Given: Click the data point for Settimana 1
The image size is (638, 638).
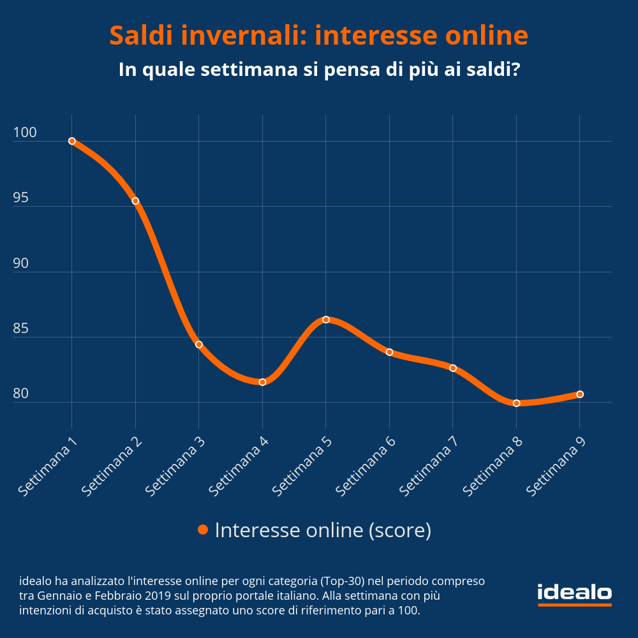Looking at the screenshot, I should (x=72, y=141).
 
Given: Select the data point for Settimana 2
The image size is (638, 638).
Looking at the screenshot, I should (x=135, y=201).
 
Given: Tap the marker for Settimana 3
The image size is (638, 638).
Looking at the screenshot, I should (x=199, y=345).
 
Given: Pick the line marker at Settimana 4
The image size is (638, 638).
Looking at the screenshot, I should (x=262, y=382).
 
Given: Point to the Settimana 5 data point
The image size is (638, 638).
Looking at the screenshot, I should (x=325, y=320).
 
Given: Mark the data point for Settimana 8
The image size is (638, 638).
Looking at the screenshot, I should (x=516, y=403).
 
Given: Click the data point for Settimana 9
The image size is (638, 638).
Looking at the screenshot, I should (x=580, y=394).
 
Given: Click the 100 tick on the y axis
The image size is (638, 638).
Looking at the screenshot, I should (x=25, y=133).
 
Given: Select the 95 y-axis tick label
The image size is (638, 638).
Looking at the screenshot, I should (x=21, y=198).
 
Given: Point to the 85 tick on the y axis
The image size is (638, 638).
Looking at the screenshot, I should (x=21, y=329).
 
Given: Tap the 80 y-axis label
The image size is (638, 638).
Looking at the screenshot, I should (x=21, y=394).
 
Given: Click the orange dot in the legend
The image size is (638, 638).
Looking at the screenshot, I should (x=203, y=530).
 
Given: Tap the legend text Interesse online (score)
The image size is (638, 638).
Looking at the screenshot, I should (x=323, y=530).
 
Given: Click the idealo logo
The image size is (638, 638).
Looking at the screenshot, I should (x=574, y=594).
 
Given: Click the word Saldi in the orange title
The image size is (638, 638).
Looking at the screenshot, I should (x=142, y=36).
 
